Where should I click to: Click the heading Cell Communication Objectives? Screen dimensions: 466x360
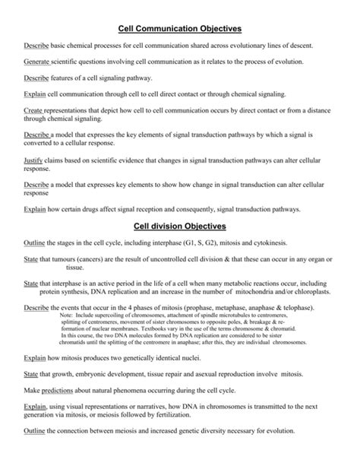[179, 28]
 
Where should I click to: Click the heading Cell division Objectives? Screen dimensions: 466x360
[179, 226]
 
